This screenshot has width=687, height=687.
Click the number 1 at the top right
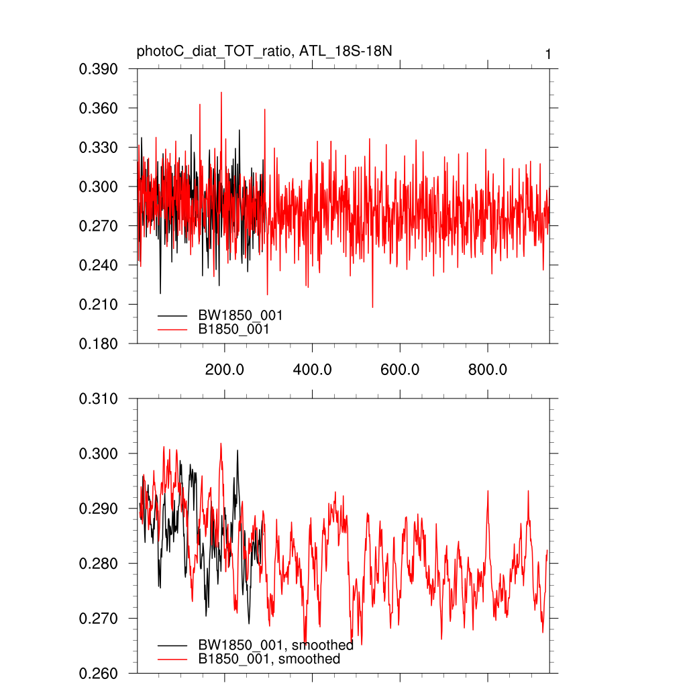point(548,54)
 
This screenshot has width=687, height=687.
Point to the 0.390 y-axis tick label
point(99,69)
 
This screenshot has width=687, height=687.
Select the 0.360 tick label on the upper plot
point(99,108)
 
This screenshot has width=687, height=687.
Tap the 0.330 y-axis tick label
point(99,148)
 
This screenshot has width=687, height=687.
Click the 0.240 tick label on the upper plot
point(99,265)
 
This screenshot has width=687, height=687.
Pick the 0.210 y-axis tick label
point(99,305)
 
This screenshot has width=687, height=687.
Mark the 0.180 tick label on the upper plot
point(99,343)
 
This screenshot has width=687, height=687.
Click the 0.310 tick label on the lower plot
point(99,399)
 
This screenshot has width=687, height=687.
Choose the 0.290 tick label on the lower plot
point(99,509)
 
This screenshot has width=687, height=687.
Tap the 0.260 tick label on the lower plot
point(99,673)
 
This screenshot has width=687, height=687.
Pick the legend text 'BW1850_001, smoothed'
point(276,645)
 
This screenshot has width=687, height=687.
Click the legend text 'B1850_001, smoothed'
point(269,659)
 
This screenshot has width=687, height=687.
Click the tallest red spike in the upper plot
point(221,93)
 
